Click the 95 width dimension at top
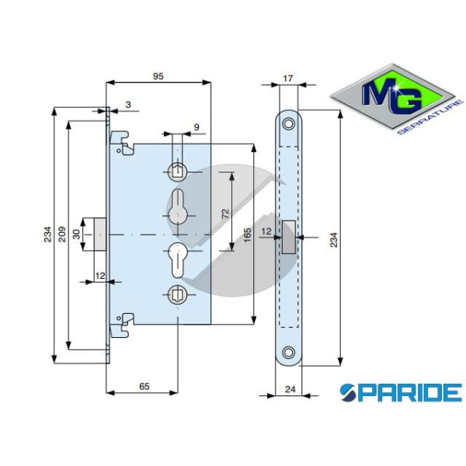pos(158,76)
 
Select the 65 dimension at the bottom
pos(144,386)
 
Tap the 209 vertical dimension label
pos(61,233)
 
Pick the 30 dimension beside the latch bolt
pos(77,233)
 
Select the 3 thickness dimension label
pos(127,103)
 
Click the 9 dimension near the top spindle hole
pos(196,127)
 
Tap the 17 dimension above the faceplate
pos(288,78)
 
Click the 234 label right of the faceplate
pos(334,239)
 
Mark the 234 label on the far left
pos(47,233)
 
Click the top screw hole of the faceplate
pos(289,123)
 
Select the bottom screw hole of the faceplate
pos(289,350)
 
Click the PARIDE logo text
pos(400,392)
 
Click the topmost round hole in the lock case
pos(178,170)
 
